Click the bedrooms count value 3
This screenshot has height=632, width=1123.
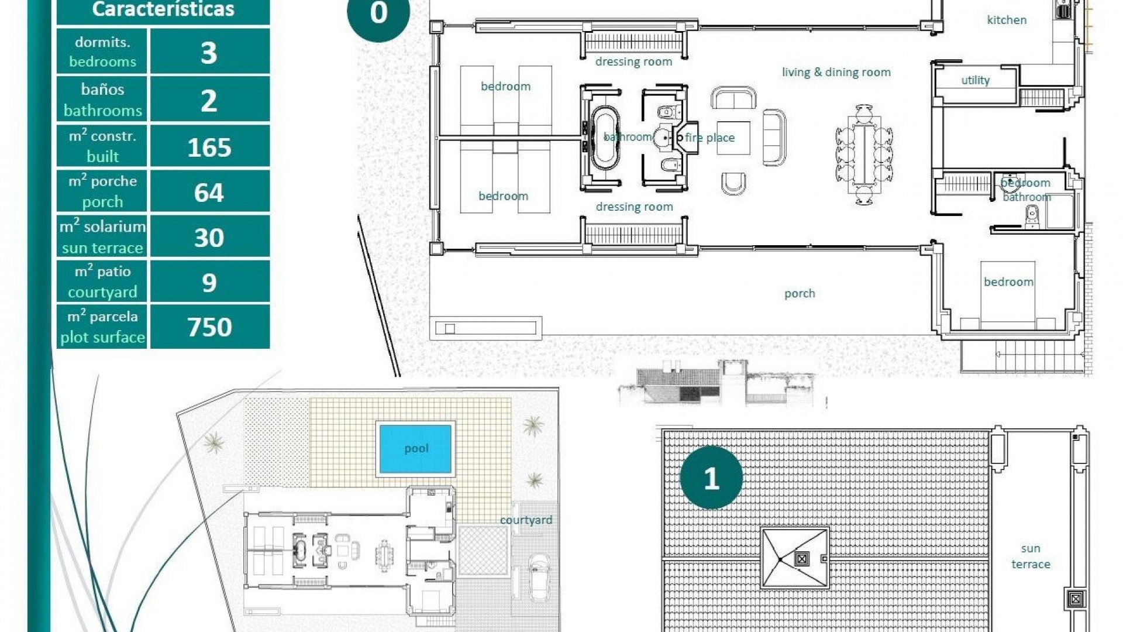(209, 53)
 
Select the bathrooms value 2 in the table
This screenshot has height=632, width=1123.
(209, 101)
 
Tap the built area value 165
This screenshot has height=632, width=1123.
(209, 147)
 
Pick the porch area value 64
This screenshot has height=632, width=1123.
(209, 193)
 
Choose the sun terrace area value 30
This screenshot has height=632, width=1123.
(209, 238)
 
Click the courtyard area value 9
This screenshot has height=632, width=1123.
(209, 283)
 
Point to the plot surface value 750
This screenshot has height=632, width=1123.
(209, 327)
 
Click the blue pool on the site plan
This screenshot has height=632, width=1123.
(415, 448)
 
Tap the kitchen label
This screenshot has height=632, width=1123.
(1007, 20)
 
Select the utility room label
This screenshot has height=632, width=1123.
(975, 80)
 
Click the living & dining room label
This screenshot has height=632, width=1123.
(836, 72)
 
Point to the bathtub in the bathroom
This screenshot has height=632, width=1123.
(604, 138)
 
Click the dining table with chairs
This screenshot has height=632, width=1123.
(864, 154)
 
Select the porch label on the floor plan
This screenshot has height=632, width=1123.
(800, 293)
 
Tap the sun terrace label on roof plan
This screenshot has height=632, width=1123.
(1031, 556)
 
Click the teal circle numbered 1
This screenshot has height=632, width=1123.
(711, 478)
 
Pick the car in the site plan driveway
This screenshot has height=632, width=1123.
(539, 578)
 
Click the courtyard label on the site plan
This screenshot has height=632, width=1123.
(526, 520)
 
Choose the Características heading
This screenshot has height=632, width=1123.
(163, 9)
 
